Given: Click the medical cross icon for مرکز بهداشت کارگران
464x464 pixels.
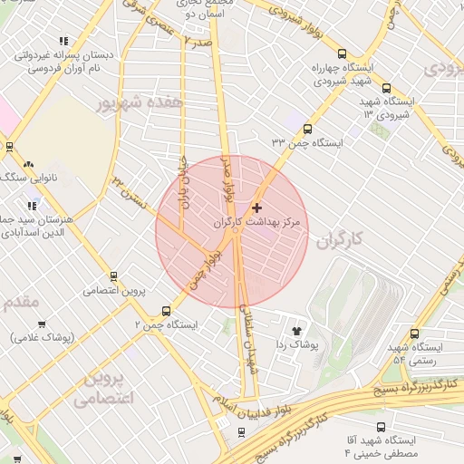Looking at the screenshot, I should click(x=256, y=208).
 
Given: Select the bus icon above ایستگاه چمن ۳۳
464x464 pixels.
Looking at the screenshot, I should click(x=307, y=129).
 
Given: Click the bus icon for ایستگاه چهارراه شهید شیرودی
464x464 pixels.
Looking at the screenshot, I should click(x=342, y=53).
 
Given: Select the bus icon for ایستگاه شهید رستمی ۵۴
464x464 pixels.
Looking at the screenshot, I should click(x=414, y=333).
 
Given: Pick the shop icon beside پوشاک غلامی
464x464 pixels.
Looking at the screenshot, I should click(x=42, y=324).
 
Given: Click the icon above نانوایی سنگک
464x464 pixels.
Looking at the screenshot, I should click(x=29, y=164).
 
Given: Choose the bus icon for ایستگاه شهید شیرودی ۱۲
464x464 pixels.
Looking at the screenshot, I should click(x=387, y=89).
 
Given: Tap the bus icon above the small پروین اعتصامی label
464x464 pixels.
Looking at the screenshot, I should click(x=114, y=275).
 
